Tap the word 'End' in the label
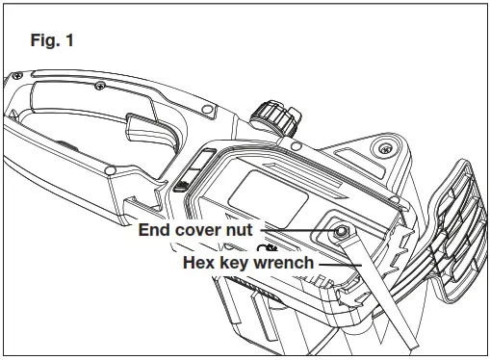(156, 231)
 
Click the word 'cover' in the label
(205, 231)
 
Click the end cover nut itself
(340, 233)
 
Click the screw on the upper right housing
(384, 146)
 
